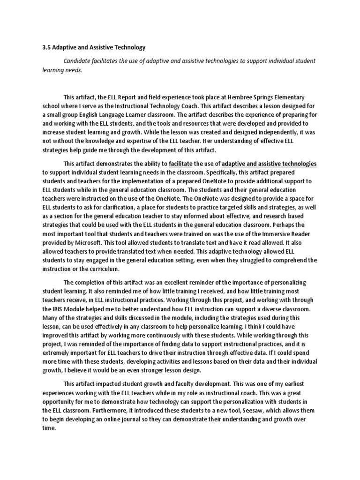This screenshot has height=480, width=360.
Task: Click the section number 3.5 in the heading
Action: (46, 47)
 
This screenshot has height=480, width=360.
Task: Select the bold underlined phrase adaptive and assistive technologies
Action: (269, 164)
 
